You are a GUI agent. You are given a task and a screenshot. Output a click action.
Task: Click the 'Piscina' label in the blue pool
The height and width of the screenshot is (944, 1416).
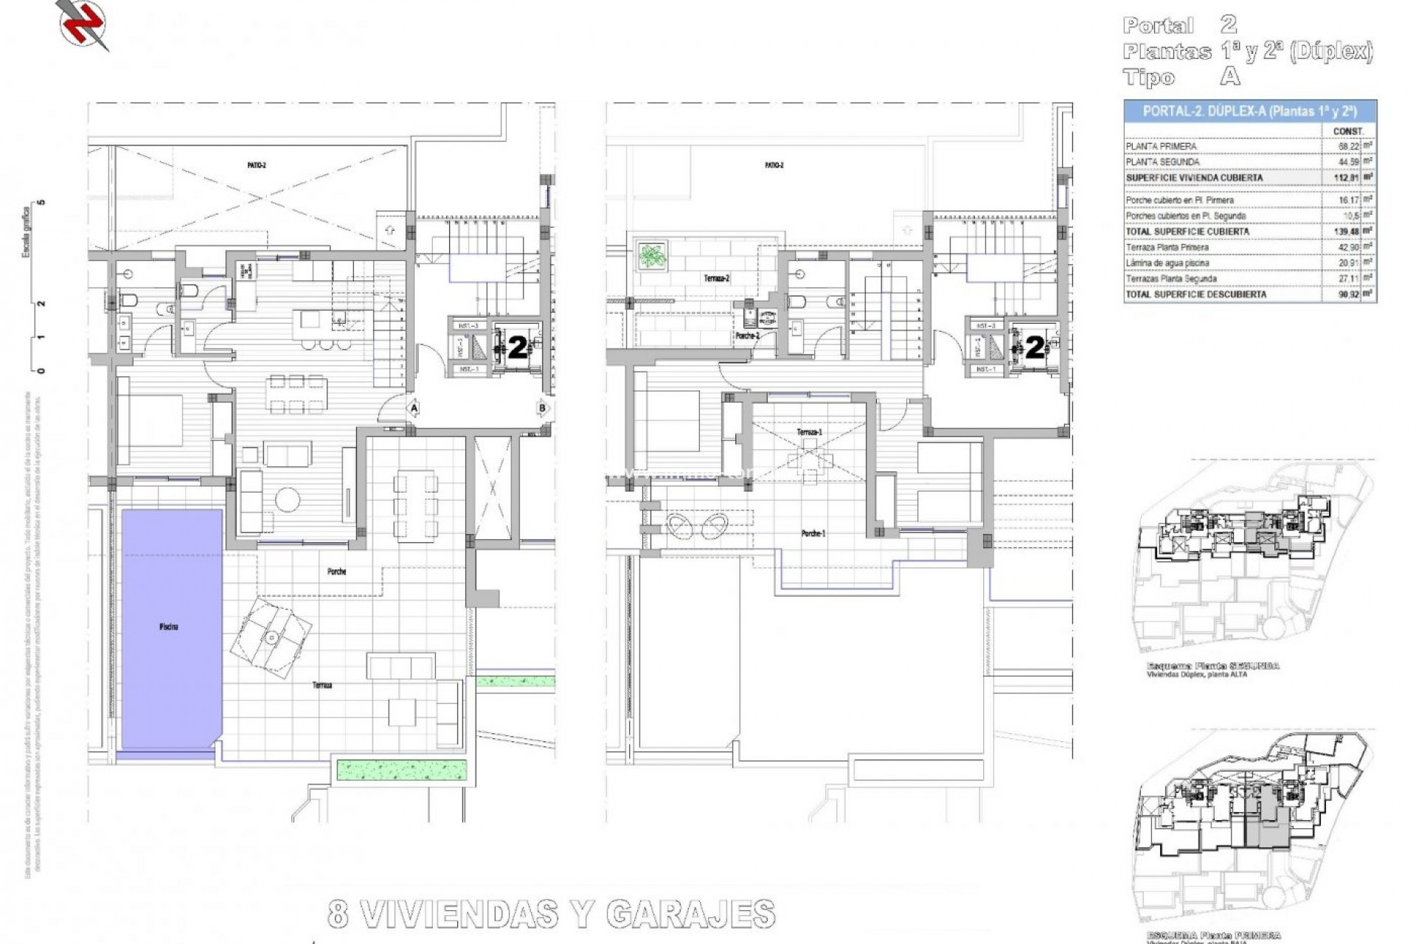(x=168, y=627)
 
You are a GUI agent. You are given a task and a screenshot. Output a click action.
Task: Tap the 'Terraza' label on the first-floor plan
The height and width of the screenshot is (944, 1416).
(x=322, y=685)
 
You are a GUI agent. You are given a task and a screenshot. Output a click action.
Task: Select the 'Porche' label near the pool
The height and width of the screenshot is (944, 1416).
(x=336, y=572)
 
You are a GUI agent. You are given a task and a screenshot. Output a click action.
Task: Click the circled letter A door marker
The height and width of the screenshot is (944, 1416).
(x=414, y=408)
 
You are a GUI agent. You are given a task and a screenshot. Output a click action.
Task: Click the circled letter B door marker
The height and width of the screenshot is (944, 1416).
(x=542, y=408)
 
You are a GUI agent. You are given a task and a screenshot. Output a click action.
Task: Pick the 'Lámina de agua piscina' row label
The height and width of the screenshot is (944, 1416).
(x=1167, y=263)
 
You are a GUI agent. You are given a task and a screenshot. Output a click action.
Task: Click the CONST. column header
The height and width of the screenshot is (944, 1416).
(x=1348, y=131)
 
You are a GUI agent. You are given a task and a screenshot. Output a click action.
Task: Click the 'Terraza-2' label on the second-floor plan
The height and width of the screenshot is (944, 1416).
(x=716, y=279)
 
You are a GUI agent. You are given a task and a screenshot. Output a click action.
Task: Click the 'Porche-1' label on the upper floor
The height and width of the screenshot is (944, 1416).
(x=813, y=533)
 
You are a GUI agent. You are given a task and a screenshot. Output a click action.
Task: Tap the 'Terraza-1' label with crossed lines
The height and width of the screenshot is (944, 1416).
(x=809, y=432)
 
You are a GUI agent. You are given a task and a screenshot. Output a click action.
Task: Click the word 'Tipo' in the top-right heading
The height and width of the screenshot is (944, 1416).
(x=1149, y=77)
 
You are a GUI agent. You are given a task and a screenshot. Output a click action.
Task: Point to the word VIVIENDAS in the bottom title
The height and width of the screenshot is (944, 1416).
(x=462, y=914)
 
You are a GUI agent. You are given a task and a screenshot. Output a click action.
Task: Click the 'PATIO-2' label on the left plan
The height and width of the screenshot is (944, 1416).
(x=257, y=166)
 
